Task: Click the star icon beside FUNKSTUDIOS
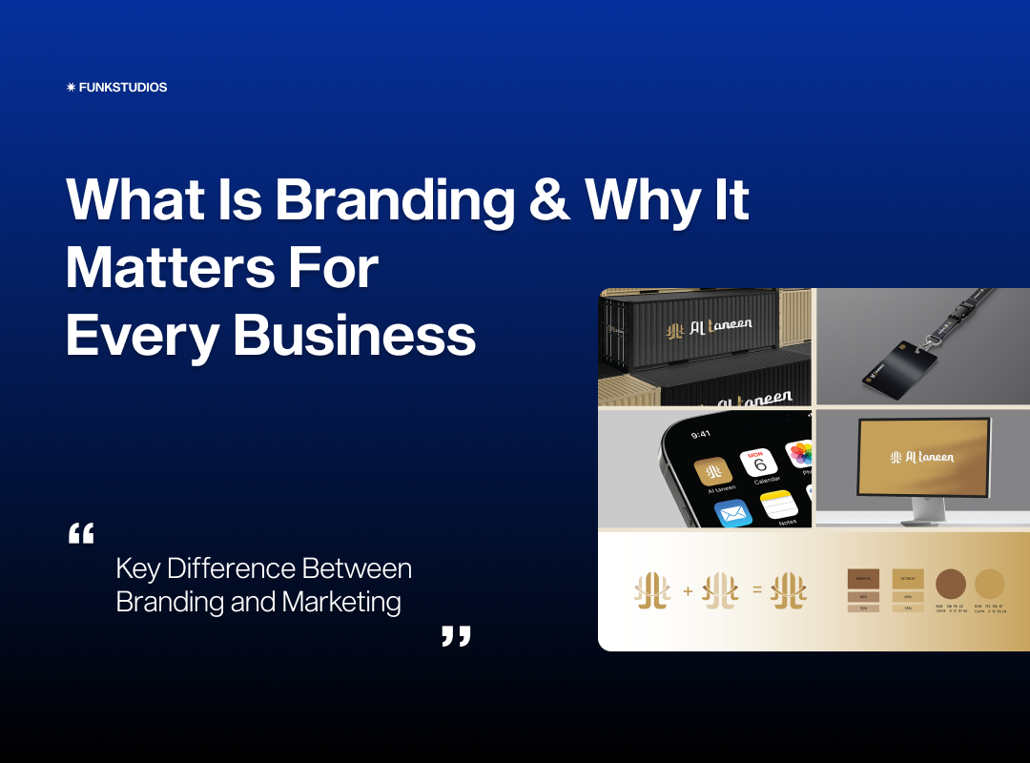[71, 88]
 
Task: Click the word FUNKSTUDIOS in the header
[123, 88]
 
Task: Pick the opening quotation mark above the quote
[81, 533]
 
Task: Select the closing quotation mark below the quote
[456, 636]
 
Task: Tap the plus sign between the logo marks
[688, 591]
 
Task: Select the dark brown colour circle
[951, 584]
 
